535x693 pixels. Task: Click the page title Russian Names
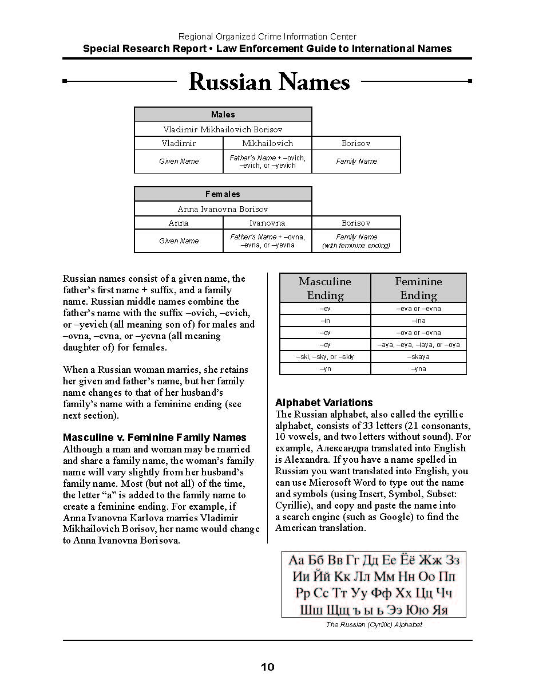click(x=269, y=82)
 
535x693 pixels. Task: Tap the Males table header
click(x=223, y=115)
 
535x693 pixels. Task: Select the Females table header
click(x=223, y=194)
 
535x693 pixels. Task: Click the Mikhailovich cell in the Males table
click(x=267, y=143)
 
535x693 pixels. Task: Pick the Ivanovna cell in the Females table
click(x=267, y=223)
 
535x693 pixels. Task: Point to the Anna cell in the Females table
click(x=179, y=223)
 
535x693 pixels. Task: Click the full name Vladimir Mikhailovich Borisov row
click(x=223, y=129)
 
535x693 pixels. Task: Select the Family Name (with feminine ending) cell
click(x=356, y=241)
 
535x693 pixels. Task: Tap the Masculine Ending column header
click(x=325, y=288)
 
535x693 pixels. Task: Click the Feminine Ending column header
click(x=418, y=288)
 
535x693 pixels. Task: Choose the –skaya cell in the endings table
click(x=418, y=357)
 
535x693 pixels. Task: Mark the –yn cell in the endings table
click(x=325, y=369)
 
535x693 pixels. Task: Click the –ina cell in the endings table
click(x=418, y=321)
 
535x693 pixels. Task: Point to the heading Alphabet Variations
click(x=324, y=403)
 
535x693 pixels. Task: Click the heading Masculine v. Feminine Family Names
click(x=154, y=438)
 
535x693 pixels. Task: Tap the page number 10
click(x=267, y=667)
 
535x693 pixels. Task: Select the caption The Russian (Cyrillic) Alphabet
click(x=374, y=625)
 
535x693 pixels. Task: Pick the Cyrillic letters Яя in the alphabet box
click(x=439, y=610)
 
